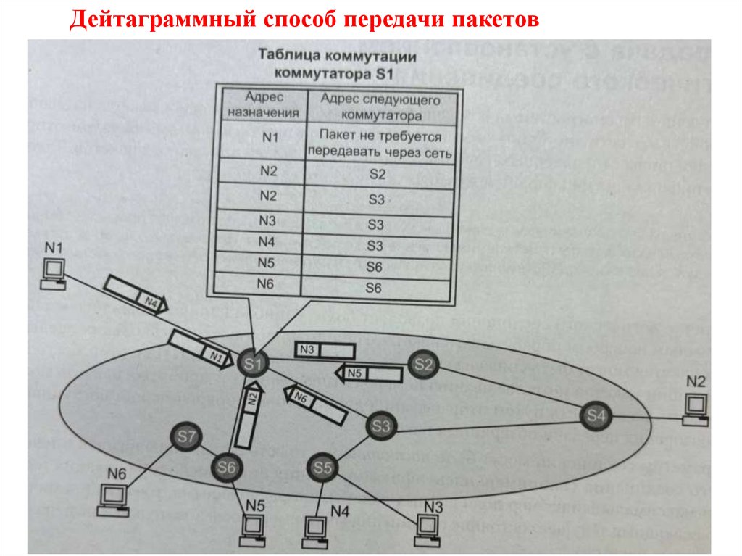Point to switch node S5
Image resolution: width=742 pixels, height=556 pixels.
[x=323, y=468]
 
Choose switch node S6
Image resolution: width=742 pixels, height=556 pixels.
[x=227, y=468]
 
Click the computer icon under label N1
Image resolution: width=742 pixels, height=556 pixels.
[x=53, y=274]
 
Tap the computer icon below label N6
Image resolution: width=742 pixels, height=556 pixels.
[x=112, y=498]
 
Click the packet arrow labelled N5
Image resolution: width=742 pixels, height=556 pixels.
[x=368, y=373]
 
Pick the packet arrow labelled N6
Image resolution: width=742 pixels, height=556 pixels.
[x=318, y=404]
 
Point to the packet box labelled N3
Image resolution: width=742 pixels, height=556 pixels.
[x=320, y=349]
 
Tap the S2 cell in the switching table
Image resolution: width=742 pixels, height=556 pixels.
[x=378, y=175]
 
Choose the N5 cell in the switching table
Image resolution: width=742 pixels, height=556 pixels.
[x=262, y=263]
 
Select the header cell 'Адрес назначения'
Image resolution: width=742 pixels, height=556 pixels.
[x=262, y=105]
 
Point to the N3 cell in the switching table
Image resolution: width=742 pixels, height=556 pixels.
[x=262, y=220]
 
